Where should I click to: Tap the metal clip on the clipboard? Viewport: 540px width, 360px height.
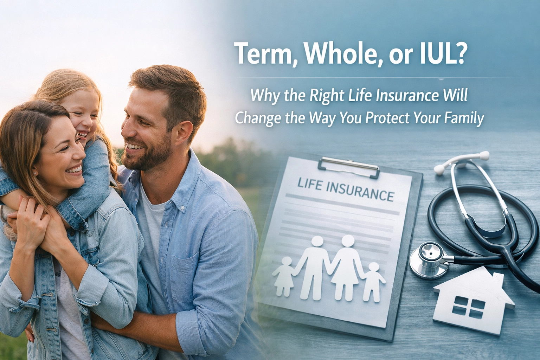point(349,166)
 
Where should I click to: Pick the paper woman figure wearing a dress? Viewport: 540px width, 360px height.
point(346,268)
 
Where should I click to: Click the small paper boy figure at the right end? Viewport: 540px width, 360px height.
point(372,282)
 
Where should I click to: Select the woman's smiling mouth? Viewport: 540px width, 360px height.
point(74,169)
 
